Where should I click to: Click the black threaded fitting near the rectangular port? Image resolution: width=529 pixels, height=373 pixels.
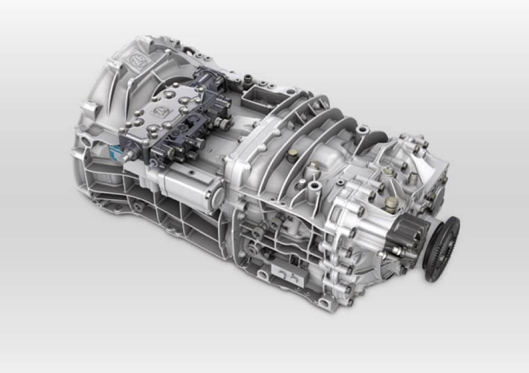pos(247,79)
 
